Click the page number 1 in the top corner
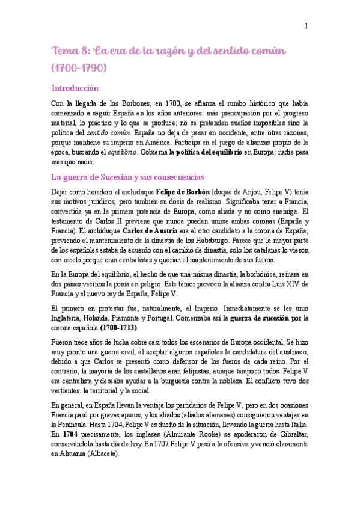click(x=306, y=25)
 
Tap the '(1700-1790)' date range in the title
click(x=80, y=67)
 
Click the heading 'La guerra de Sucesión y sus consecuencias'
click(x=128, y=177)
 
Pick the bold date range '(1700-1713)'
click(x=118, y=328)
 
